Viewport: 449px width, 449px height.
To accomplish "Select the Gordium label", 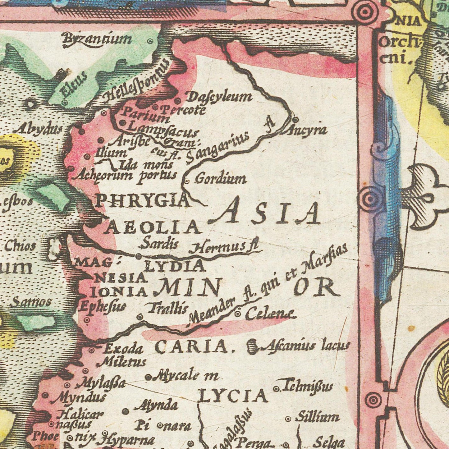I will [x=221, y=179].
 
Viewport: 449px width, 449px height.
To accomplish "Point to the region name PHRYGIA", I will [x=142, y=200].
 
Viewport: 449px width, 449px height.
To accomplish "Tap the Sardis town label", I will [x=159, y=244].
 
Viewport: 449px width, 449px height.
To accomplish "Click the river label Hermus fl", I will [x=224, y=248].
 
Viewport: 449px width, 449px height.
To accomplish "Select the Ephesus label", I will [x=102, y=307].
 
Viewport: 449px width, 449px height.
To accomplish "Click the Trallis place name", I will [x=168, y=308].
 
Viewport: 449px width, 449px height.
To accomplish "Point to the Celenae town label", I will [x=269, y=314].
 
